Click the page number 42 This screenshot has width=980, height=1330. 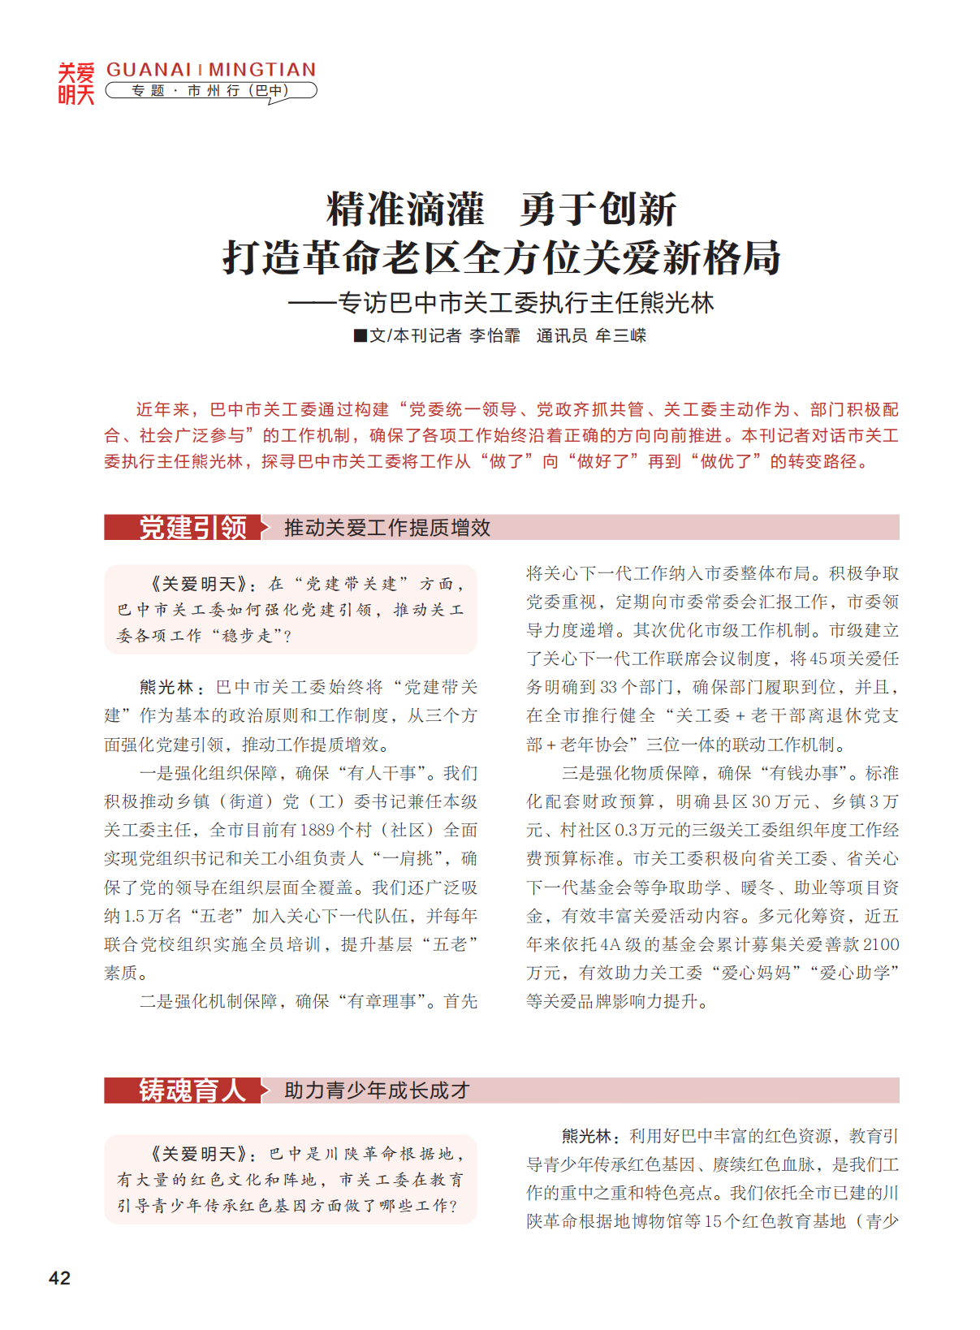coord(59,1277)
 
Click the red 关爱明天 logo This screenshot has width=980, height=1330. coord(76,84)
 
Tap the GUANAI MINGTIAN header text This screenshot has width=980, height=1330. coord(211,70)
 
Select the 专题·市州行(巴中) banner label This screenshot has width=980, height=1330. coord(210,91)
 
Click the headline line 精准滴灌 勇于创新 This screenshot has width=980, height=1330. coord(501,209)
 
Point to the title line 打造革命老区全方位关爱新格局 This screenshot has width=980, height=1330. coord(501,257)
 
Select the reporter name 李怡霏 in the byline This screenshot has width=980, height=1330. coord(494,335)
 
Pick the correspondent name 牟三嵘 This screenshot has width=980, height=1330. coord(620,335)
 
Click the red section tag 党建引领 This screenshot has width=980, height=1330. coord(192,528)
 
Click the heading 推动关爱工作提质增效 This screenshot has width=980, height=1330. coord(386,528)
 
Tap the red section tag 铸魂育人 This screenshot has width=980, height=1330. coord(192,1090)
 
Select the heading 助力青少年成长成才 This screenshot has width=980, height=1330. coord(377,1090)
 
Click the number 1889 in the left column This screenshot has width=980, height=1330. coord(317,830)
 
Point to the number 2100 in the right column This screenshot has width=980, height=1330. coord(880,944)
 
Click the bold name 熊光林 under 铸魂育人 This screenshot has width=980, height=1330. coord(586,1136)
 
